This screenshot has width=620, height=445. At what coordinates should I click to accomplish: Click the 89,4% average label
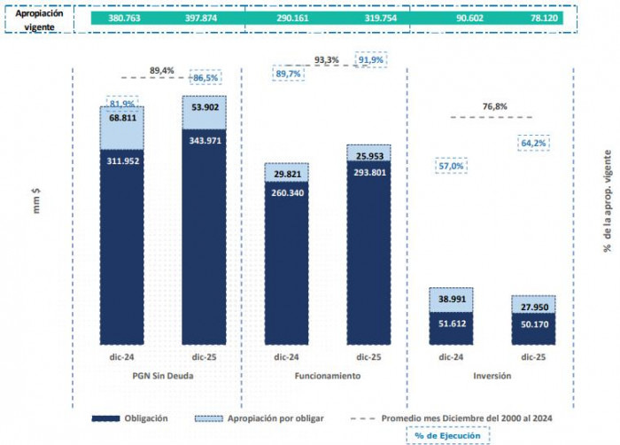coord(161,69)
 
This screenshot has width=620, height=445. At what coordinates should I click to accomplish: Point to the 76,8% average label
coord(494,106)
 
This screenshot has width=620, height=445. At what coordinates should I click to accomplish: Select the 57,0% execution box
coord(452,166)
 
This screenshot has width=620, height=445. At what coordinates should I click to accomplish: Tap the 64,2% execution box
coord(533,142)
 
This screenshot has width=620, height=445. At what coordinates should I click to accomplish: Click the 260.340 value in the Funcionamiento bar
coord(288,192)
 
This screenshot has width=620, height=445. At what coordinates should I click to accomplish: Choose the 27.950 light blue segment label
coord(533,306)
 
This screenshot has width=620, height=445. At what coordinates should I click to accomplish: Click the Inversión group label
coord(492,375)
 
